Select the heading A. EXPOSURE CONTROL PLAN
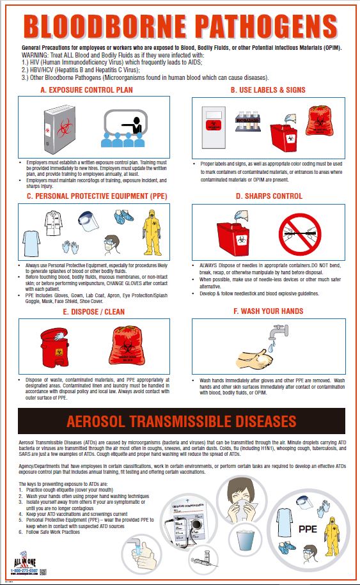pos(86,90)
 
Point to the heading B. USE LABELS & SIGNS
pos(268,90)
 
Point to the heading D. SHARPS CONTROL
pos(268,196)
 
